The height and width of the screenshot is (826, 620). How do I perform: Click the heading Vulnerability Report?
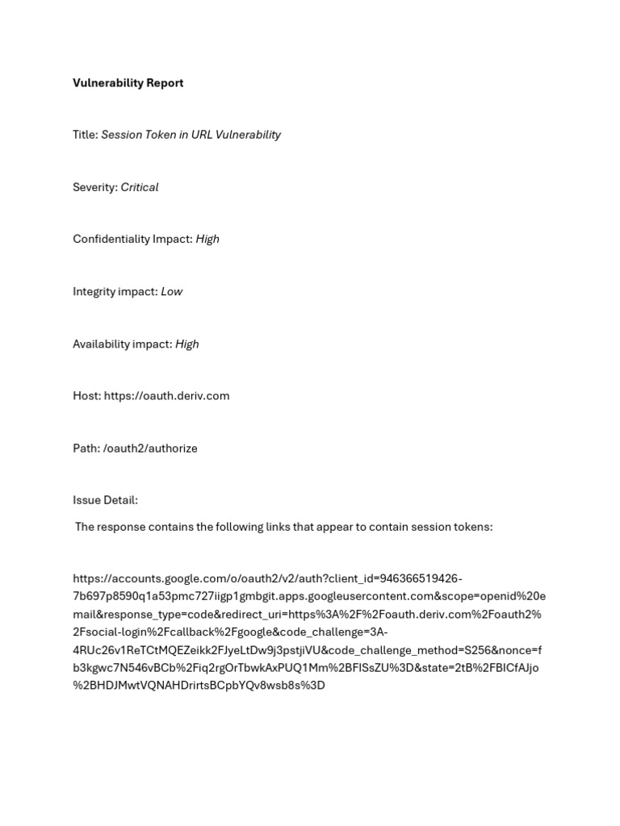click(128, 83)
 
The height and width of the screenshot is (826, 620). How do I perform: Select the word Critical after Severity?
click(140, 187)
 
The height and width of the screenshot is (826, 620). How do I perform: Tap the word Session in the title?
click(121, 135)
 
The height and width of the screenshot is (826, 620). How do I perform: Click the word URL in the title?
click(202, 135)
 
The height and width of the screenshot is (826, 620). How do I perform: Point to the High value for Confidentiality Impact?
click(207, 239)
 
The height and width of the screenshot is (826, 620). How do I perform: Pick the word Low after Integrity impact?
click(172, 291)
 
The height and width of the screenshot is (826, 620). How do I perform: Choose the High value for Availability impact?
click(186, 344)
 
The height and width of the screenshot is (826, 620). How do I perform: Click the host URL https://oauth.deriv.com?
click(166, 396)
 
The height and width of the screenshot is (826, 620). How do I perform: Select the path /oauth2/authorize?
click(150, 448)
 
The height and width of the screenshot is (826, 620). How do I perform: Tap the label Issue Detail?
click(105, 500)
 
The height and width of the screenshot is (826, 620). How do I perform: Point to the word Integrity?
click(94, 291)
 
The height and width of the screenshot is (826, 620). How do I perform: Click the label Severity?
click(95, 187)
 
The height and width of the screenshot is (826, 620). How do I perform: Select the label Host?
click(86, 396)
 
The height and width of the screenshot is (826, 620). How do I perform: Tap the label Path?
click(86, 448)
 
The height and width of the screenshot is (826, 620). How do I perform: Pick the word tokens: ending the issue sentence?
click(471, 527)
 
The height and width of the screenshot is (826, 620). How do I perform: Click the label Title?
click(85, 135)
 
